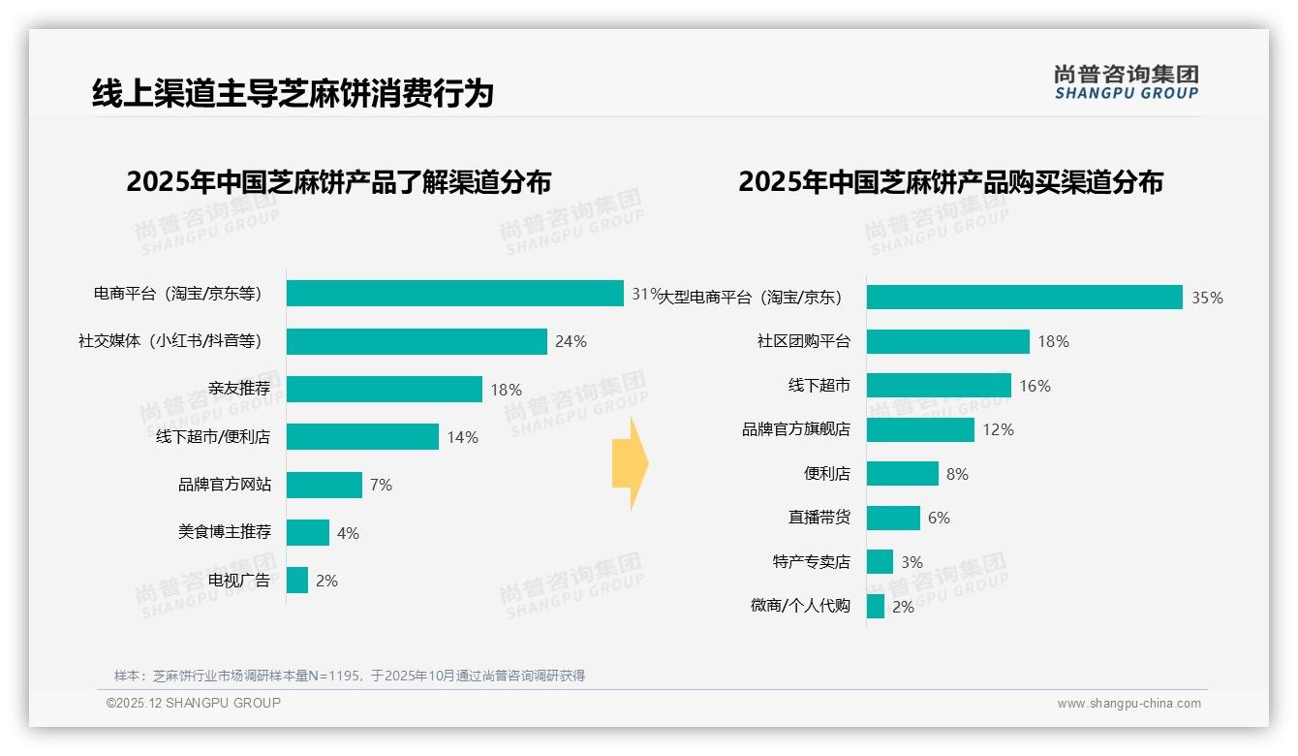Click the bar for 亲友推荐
[x=384, y=389]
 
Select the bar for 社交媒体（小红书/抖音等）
[x=417, y=341]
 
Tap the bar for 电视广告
[x=297, y=581]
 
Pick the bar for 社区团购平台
[x=947, y=341]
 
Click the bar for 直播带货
[x=893, y=518]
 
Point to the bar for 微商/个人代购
[x=876, y=607]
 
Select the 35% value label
[x=1207, y=298]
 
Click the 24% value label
[x=571, y=341]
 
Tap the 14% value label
[x=462, y=437]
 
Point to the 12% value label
[x=998, y=429]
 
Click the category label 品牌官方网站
[x=225, y=485]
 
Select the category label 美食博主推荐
[x=225, y=532]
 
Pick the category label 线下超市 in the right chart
[x=819, y=386]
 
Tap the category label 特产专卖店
[x=812, y=562]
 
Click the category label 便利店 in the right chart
[x=827, y=474]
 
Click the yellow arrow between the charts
[x=630, y=464]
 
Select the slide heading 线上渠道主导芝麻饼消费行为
[x=293, y=93]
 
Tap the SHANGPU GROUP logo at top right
[x=1126, y=81]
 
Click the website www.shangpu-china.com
[x=1128, y=704]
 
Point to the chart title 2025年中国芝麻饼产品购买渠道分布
[x=950, y=182]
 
